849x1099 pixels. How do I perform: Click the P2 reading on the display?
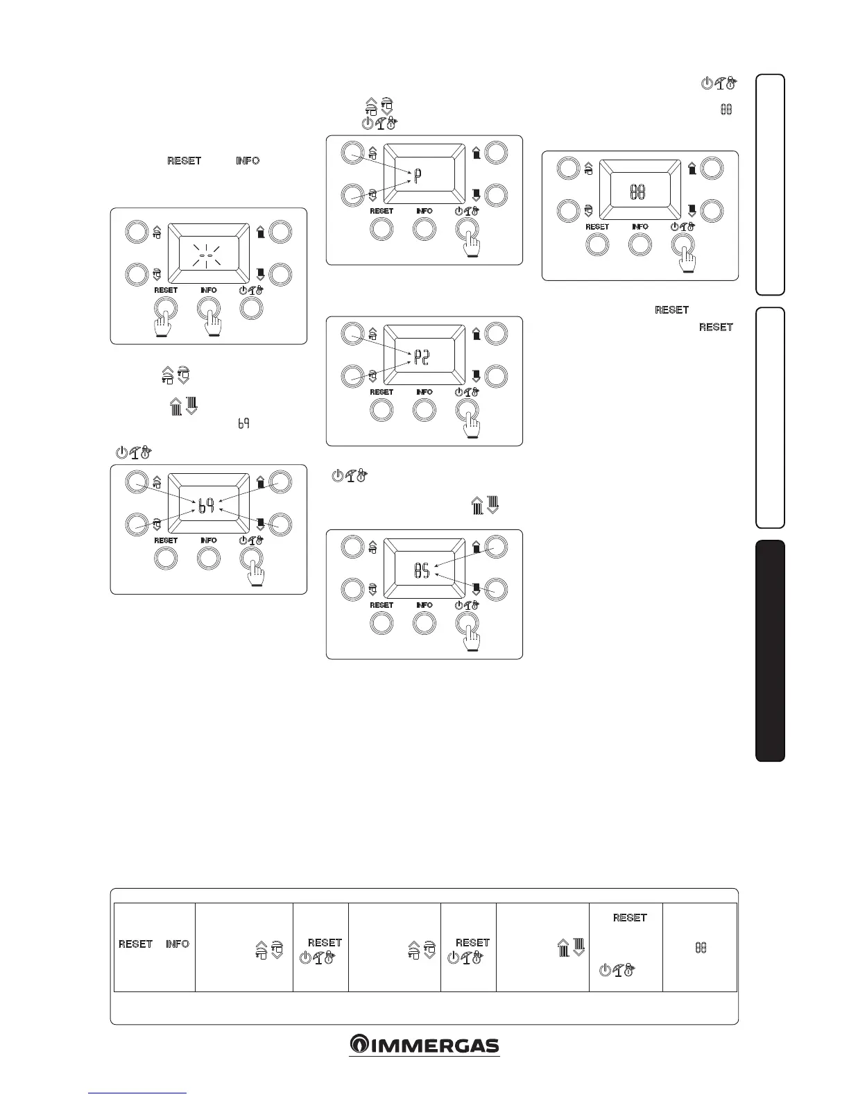coord(422,358)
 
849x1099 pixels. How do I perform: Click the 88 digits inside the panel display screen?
coord(637,192)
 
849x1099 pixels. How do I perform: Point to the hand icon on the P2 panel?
coord(472,424)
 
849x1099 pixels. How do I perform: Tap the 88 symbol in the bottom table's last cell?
coord(701,947)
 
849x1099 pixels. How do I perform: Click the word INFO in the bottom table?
coord(178,944)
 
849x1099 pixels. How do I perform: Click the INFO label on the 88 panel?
coord(640,227)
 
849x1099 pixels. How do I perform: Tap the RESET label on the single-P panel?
coord(381,211)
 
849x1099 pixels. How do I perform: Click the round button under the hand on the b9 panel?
coord(251,558)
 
